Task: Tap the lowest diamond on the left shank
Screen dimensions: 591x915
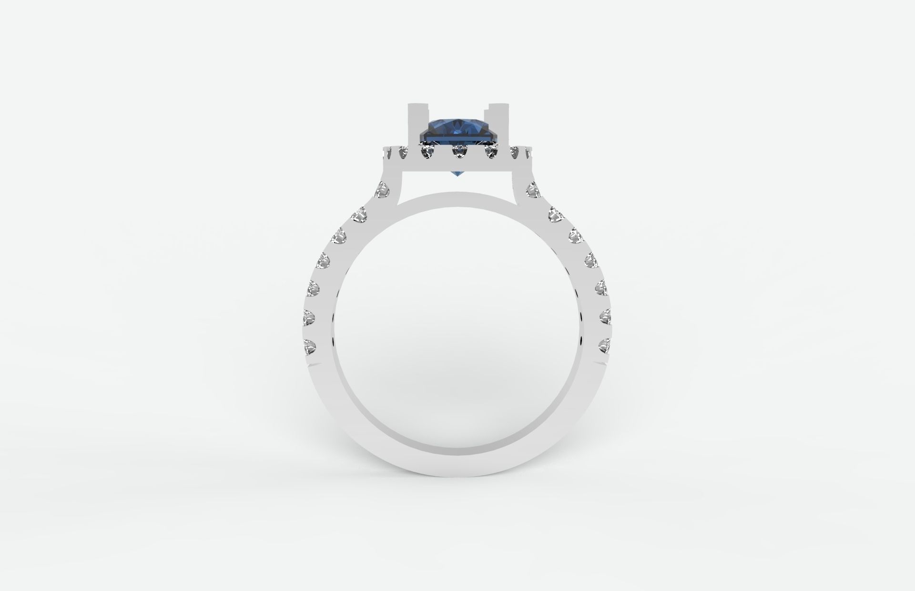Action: click(309, 346)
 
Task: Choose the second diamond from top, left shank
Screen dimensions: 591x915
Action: click(360, 215)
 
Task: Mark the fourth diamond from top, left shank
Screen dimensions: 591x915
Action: click(325, 261)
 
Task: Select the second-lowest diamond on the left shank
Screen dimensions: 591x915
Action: click(311, 316)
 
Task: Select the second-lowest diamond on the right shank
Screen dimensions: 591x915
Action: click(604, 316)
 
